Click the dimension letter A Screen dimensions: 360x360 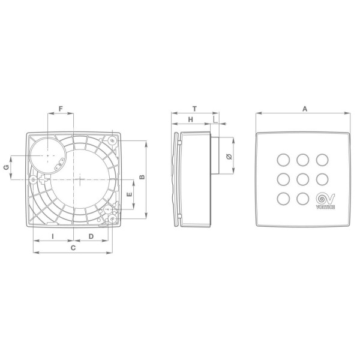[x=304, y=109]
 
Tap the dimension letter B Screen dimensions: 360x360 [x=142, y=178]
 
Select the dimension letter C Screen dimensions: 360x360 [x=73, y=247]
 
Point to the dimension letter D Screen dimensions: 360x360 [x=91, y=236]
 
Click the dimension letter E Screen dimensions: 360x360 [x=130, y=196]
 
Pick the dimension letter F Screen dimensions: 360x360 [x=60, y=109]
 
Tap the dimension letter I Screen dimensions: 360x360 [x=53, y=236]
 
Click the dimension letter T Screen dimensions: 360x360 [x=194, y=109]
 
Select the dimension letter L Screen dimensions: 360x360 [x=215, y=120]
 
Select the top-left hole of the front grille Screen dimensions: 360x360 [x=282, y=159]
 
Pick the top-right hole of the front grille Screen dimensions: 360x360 [x=323, y=159]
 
